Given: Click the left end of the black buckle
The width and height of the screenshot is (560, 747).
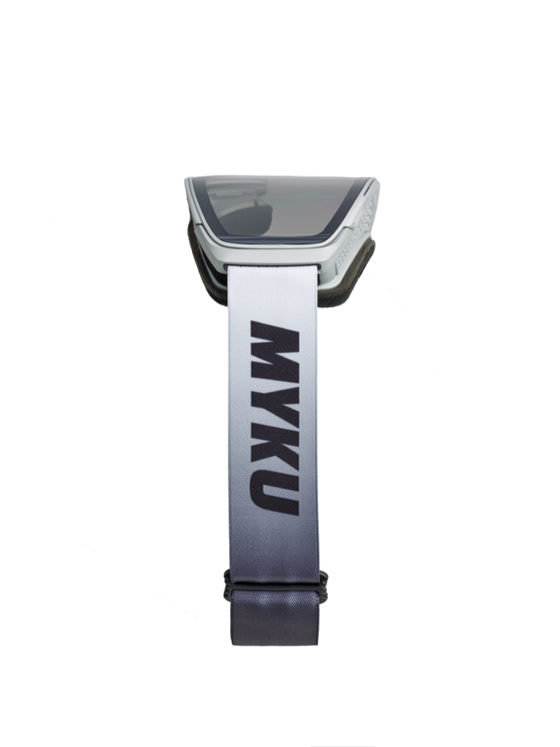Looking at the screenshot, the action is coord(225,586).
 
